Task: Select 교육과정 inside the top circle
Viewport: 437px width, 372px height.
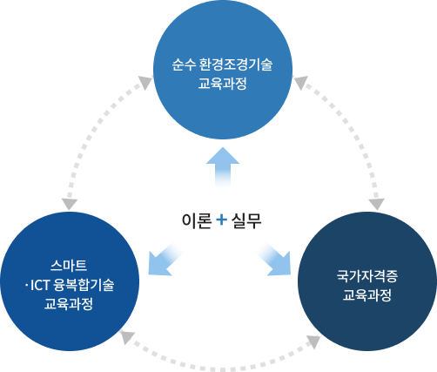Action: (x=222, y=85)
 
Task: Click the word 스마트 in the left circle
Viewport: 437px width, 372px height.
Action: (x=69, y=265)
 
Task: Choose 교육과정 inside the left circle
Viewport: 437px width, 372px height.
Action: (x=69, y=304)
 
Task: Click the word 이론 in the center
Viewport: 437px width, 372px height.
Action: (x=195, y=220)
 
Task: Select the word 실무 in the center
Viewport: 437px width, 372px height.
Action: (x=246, y=220)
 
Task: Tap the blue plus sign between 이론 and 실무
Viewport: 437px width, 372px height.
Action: (x=220, y=220)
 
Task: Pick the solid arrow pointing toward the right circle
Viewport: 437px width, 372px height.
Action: (x=273, y=259)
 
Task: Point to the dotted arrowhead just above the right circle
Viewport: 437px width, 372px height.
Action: (x=376, y=205)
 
